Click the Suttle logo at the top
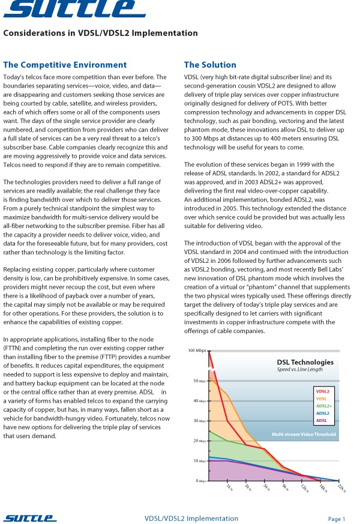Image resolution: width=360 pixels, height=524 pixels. pyautogui.click(x=73, y=8)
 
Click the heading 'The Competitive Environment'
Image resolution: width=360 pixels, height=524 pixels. pyautogui.click(x=65, y=65)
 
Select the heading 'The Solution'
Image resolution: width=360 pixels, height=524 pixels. pyautogui.click(x=210, y=65)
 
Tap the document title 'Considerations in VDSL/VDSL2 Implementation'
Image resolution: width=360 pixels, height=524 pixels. pyautogui.click(x=100, y=34)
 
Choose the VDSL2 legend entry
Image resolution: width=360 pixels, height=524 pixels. pyautogui.click(x=323, y=391)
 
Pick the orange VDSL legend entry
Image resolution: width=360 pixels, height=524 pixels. pyautogui.click(x=322, y=399)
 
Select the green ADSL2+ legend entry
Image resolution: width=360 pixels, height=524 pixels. pyautogui.click(x=323, y=406)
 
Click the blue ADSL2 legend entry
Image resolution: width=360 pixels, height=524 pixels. pyautogui.click(x=323, y=413)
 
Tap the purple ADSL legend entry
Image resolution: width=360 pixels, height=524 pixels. pyautogui.click(x=322, y=420)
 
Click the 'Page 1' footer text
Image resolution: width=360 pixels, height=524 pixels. pyautogui.click(x=337, y=519)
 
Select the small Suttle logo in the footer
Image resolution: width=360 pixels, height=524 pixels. pyautogui.click(x=30, y=518)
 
